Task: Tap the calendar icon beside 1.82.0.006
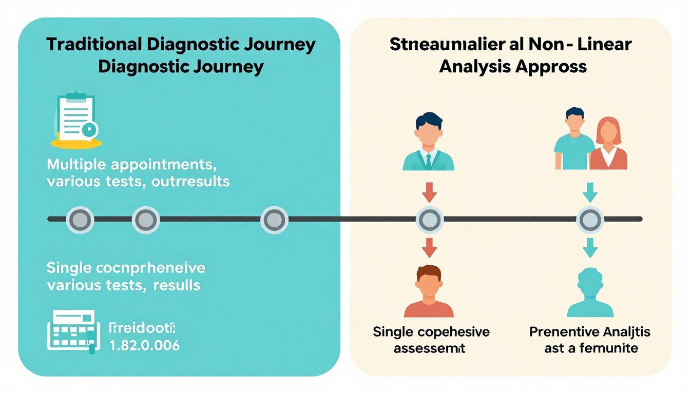pos(71,331)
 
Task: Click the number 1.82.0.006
pos(145,345)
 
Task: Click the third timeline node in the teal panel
pos(274,220)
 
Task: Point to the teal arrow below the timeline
pos(588,248)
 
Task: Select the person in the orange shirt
pos(429,292)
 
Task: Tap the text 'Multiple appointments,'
pos(131,165)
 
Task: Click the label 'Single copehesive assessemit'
pos(431,340)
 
